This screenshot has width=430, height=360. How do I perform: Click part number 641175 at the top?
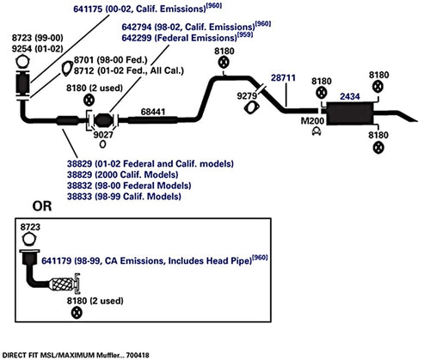click(x=88, y=9)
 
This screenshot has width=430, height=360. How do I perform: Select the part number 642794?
click(x=137, y=27)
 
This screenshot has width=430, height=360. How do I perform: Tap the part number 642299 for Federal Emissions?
click(x=137, y=38)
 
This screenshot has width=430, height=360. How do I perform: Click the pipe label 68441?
click(x=153, y=112)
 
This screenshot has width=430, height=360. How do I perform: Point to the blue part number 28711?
click(x=283, y=77)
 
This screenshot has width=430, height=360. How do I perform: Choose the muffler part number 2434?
click(x=350, y=96)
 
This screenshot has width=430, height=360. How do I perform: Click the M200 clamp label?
click(x=312, y=121)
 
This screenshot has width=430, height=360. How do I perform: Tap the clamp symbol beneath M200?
click(x=316, y=131)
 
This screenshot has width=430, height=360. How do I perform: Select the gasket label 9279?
click(x=247, y=96)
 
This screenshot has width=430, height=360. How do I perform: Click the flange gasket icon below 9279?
click(x=252, y=108)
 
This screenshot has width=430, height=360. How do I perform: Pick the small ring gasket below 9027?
click(x=102, y=144)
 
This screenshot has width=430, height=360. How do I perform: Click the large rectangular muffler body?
click(x=350, y=113)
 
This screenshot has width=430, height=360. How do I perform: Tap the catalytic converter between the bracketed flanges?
click(x=103, y=119)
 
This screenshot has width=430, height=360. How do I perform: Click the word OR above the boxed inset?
click(x=42, y=206)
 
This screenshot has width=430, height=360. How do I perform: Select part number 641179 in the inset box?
click(x=56, y=261)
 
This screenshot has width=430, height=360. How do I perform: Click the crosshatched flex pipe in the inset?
click(x=61, y=284)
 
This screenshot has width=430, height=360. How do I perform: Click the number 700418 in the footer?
click(x=138, y=356)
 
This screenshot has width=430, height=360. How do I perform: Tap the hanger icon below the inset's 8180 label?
click(x=77, y=313)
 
